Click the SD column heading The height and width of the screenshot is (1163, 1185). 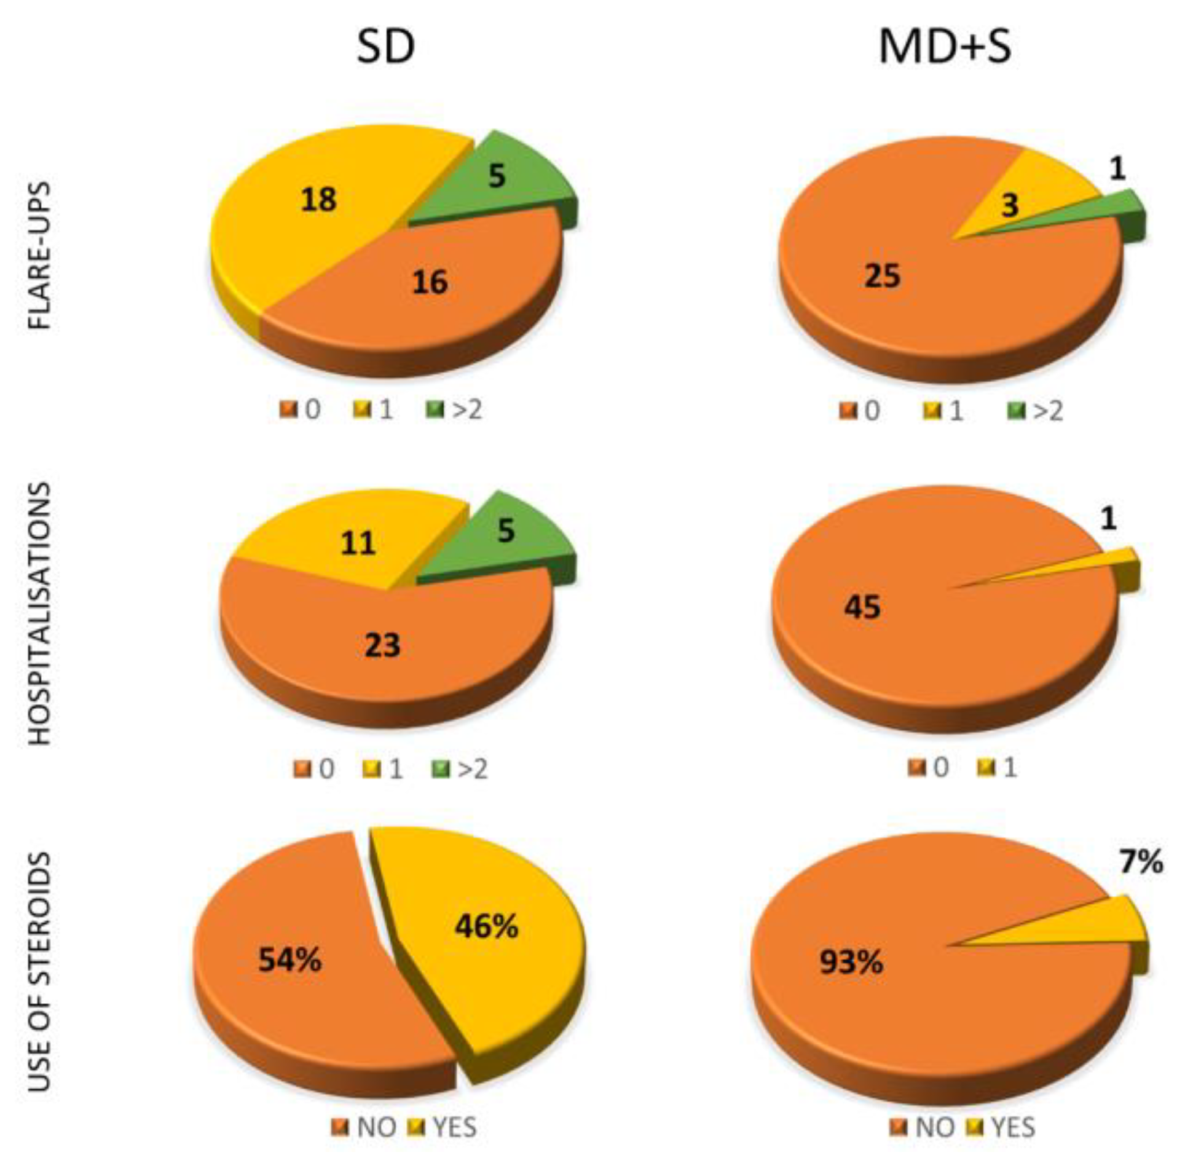click(x=385, y=47)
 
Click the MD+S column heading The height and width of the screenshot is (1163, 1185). click(x=945, y=47)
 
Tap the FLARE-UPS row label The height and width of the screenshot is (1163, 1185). click(x=41, y=255)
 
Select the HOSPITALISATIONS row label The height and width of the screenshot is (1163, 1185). click(x=41, y=613)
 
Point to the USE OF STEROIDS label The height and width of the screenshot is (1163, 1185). click(x=41, y=971)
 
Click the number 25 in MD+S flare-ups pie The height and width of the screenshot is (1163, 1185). click(x=882, y=275)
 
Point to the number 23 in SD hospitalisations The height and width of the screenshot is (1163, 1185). click(x=382, y=645)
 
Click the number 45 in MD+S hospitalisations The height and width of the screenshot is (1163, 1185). click(x=862, y=607)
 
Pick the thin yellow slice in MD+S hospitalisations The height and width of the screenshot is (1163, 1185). click(x=1100, y=559)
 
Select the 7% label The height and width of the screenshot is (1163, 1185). click(x=1141, y=862)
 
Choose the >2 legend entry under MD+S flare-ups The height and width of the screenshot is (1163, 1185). click(x=1037, y=411)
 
